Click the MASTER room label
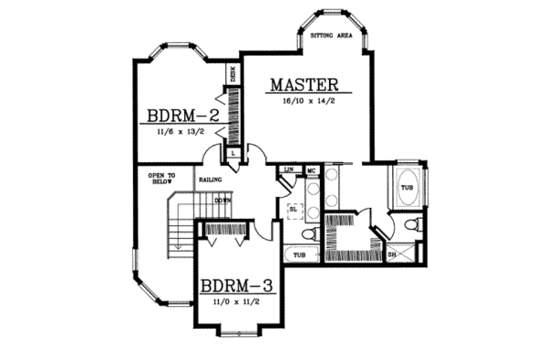304,86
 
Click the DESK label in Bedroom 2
233,75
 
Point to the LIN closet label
288,170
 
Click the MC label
311,170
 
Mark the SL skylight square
294,208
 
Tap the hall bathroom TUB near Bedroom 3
300,256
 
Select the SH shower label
392,254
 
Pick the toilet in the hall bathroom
310,234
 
